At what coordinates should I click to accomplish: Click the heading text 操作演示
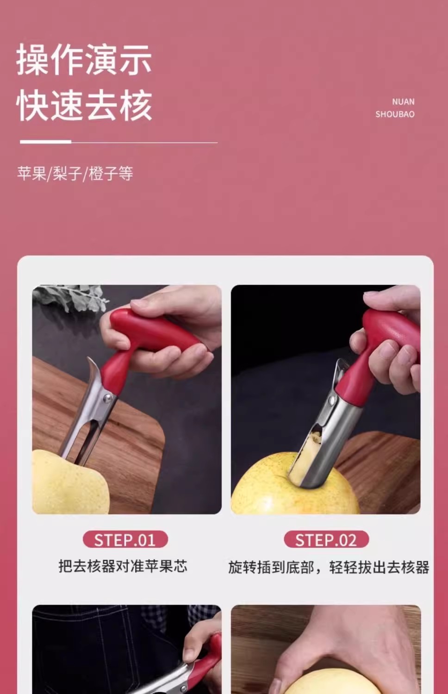84,59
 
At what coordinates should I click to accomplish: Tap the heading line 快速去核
84,106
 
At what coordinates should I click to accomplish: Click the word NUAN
403,101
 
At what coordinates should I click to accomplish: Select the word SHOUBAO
395,114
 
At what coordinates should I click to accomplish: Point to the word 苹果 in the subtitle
31,173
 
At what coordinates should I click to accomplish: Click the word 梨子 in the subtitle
67,173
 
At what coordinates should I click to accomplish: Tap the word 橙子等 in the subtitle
111,173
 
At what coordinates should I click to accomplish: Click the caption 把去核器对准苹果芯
123,566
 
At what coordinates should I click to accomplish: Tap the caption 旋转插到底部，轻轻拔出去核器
329,567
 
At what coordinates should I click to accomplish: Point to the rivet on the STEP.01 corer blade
107,398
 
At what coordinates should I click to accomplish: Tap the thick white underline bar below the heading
45,142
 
